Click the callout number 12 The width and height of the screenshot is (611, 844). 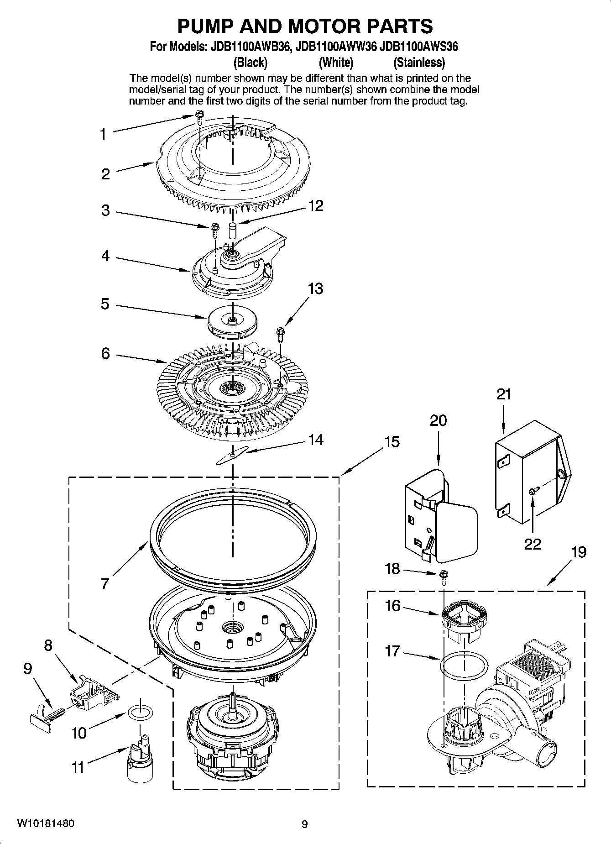316,206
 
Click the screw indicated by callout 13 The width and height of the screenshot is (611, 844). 279,333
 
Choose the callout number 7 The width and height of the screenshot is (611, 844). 105,583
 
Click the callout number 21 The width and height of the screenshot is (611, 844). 504,394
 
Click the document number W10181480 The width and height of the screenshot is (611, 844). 46,823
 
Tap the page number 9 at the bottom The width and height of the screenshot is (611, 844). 305,824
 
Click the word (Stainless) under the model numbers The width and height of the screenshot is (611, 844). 419,62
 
